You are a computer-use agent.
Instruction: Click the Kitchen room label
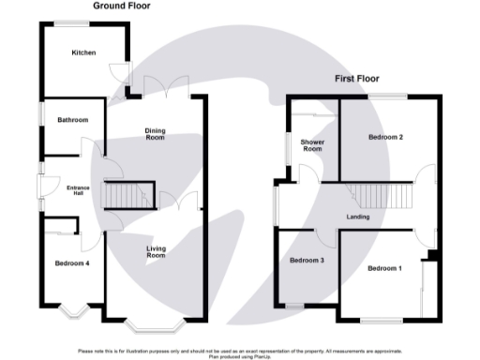point(84,52)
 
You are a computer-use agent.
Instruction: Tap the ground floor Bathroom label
point(72,120)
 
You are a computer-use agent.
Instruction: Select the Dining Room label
point(155,133)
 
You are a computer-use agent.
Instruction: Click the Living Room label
point(156,251)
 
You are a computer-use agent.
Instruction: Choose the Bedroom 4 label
point(71,263)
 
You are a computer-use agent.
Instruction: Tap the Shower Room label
point(311,145)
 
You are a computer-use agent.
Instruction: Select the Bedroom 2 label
point(385,137)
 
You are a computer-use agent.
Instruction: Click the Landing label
point(357,217)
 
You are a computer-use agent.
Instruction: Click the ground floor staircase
point(127,196)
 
